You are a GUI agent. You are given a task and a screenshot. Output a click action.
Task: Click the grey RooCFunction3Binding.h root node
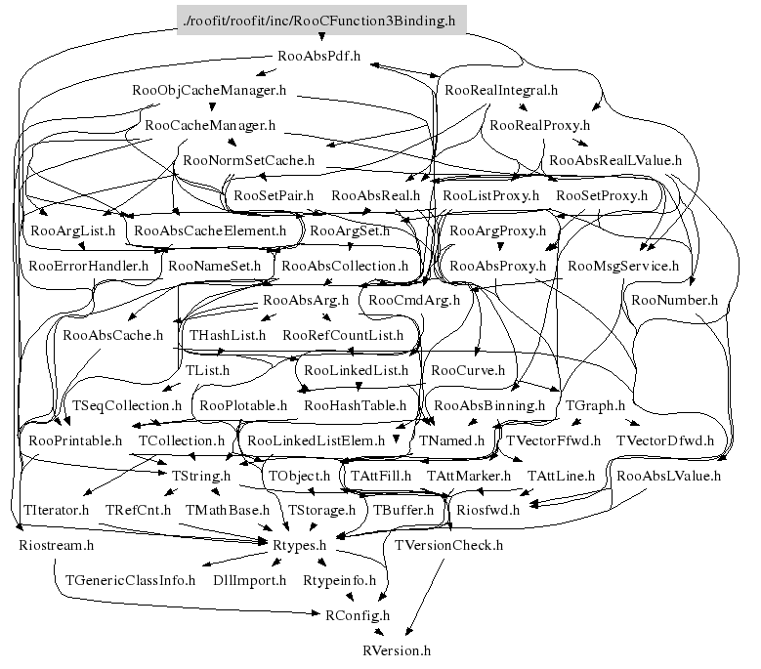tap(318, 20)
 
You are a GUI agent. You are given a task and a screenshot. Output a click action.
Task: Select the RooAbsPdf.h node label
tap(318, 56)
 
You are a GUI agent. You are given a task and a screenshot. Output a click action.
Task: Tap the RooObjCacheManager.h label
tap(209, 91)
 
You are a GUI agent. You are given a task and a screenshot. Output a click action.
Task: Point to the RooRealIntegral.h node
tap(501, 91)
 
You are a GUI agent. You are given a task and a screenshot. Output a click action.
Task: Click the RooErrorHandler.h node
tap(89, 265)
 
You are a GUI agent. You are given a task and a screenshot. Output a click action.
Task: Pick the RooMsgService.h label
tap(623, 265)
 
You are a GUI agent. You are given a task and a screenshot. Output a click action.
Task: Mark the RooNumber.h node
tap(675, 300)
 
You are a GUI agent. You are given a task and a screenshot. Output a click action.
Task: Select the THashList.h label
tap(228, 335)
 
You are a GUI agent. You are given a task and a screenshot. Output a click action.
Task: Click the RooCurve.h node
tap(468, 370)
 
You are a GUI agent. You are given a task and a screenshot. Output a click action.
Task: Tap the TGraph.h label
tap(595, 404)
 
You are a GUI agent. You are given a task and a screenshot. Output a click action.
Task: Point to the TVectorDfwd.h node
tap(665, 440)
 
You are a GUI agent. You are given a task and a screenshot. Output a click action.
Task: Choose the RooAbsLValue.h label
tap(669, 476)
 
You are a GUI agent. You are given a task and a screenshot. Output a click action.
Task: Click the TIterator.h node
tap(55, 510)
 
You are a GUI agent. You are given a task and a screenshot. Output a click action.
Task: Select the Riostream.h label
tap(57, 545)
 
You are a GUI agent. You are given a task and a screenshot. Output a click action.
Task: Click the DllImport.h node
tap(250, 580)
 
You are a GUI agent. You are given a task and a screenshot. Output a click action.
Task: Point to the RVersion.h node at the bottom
tap(396, 649)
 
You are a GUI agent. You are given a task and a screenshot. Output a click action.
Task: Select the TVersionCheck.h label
tap(449, 545)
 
